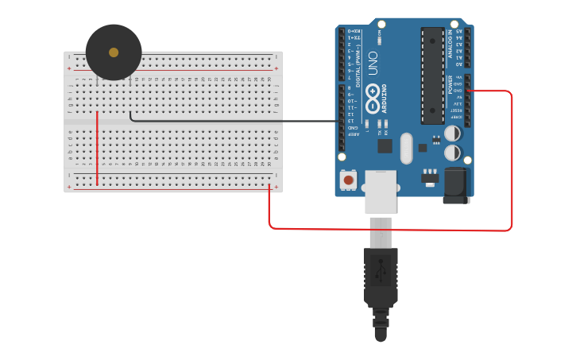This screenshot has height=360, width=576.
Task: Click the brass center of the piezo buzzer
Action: [x=114, y=52]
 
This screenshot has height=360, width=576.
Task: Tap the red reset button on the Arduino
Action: [x=348, y=180]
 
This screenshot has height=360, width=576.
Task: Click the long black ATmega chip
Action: [x=432, y=76]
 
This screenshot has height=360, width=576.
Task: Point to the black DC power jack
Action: [x=457, y=186]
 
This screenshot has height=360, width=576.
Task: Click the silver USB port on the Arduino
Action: [x=380, y=192]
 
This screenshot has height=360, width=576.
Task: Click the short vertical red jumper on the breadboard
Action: [x=97, y=147]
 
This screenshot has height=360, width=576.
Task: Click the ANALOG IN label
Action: [x=450, y=42]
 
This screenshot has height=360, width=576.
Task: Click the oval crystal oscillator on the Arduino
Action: [x=407, y=148]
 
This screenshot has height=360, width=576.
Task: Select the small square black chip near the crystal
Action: [x=385, y=145]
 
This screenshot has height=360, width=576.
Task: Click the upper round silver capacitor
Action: [x=452, y=133]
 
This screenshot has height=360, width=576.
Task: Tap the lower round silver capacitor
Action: [x=452, y=152]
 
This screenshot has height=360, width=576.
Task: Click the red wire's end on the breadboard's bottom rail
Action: [x=269, y=188]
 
